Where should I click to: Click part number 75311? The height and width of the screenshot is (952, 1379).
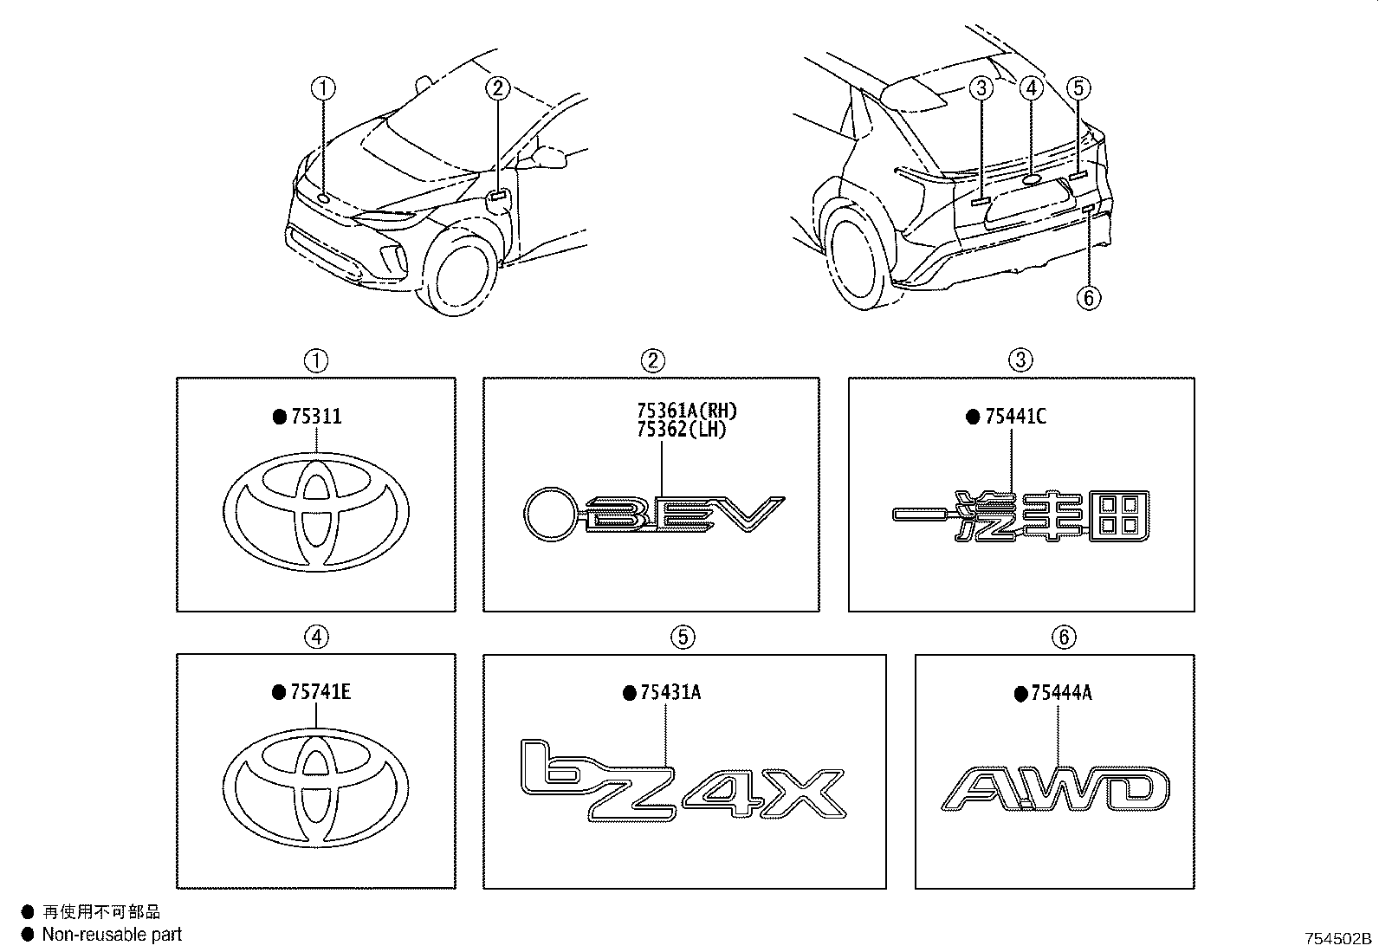[x=316, y=417]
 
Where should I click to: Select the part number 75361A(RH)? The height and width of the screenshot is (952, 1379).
[x=687, y=410]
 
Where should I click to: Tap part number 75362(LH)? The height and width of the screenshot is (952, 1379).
[x=682, y=429]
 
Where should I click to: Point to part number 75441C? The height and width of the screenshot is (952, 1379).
[x=1015, y=417]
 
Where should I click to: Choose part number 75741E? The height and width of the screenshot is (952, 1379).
[x=320, y=692]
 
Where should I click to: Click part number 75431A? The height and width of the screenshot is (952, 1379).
[x=670, y=693]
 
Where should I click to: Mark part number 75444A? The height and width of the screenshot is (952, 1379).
[x=1061, y=693]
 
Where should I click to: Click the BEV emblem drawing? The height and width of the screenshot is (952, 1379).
[x=654, y=515]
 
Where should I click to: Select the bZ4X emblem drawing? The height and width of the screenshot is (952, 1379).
[x=683, y=780]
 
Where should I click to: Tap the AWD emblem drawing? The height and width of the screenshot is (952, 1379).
[x=1055, y=788]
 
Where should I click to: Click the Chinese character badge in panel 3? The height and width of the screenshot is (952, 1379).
[x=1020, y=516]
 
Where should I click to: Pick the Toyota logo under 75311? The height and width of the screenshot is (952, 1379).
[x=316, y=512]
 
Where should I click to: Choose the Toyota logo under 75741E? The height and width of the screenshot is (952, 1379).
[x=315, y=788]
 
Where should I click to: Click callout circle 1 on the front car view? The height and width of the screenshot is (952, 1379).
[x=323, y=88]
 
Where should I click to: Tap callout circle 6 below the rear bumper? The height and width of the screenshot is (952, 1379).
[x=1089, y=298]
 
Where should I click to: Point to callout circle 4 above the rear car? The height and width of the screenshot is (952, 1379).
[x=1032, y=88]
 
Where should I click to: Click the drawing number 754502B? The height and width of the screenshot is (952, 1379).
[x=1337, y=938]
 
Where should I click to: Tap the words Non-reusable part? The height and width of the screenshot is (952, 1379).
[x=112, y=934]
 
